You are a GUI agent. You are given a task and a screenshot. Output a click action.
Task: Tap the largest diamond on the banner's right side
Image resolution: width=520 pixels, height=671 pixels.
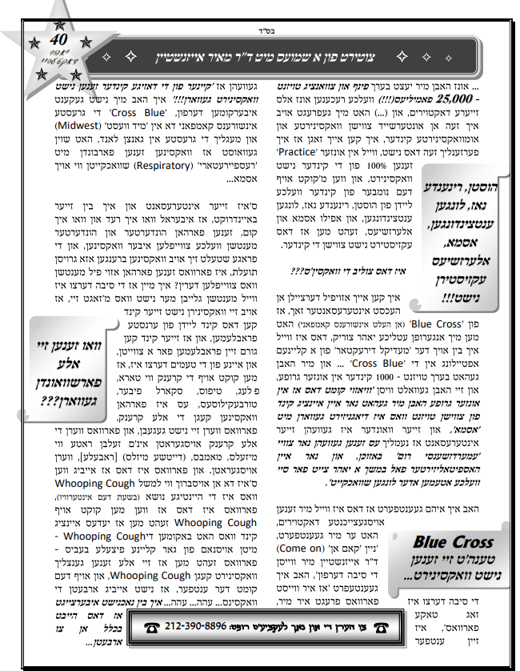coord(480,58)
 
